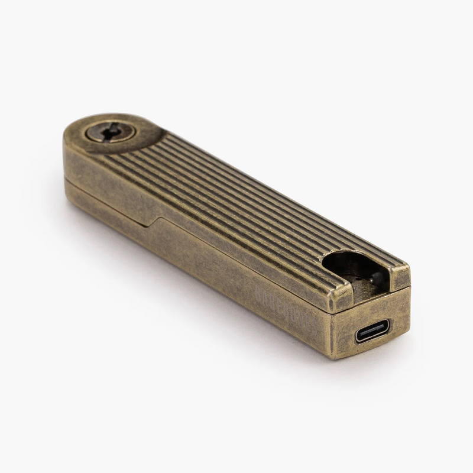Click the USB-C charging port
click(x=373, y=332)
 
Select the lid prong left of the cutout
click(x=342, y=293)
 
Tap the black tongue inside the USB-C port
click(x=373, y=333)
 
